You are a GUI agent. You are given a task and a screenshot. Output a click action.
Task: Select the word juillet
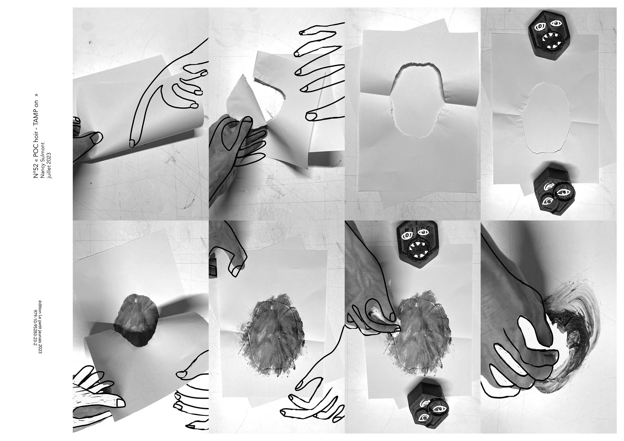(49, 172)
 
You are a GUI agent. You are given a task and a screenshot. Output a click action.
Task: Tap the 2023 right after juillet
(49, 159)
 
